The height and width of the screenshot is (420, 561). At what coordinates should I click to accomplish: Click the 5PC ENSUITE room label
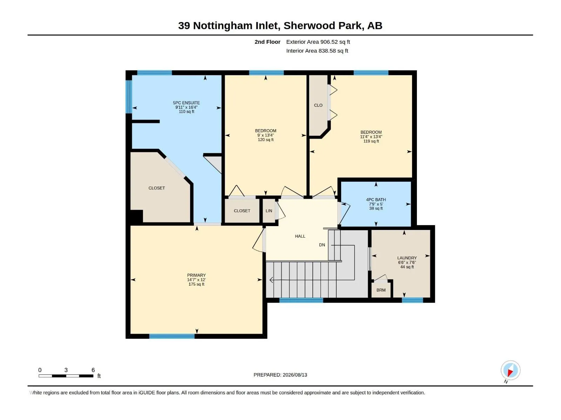(186, 103)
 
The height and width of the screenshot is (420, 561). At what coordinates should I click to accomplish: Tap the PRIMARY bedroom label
(196, 275)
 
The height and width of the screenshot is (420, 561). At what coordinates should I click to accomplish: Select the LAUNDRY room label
(407, 258)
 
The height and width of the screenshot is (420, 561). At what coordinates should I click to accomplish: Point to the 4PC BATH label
(376, 199)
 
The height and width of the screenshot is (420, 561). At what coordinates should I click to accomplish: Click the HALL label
(300, 236)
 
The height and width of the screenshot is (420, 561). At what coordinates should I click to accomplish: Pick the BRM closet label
(381, 290)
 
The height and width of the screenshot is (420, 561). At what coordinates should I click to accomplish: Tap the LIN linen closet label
(269, 211)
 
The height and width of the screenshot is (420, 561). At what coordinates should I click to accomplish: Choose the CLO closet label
(318, 105)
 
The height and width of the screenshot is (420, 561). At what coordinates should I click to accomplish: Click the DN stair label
(322, 245)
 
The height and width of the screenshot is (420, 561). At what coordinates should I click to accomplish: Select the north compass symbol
(510, 371)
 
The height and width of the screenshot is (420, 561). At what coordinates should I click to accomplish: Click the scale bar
(66, 376)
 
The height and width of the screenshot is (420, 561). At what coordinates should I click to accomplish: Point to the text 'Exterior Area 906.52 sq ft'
(318, 42)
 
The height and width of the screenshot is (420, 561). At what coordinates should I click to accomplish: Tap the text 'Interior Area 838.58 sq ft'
(317, 51)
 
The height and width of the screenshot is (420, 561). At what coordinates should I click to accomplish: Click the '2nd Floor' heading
(267, 42)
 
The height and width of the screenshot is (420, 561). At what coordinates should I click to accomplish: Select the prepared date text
(280, 375)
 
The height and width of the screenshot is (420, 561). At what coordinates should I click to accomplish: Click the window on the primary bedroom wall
(172, 336)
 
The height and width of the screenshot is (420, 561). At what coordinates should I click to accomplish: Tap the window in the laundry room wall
(412, 300)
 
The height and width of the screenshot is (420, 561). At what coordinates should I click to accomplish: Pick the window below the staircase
(301, 300)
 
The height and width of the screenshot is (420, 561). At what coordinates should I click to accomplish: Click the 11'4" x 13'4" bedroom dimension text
(371, 137)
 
